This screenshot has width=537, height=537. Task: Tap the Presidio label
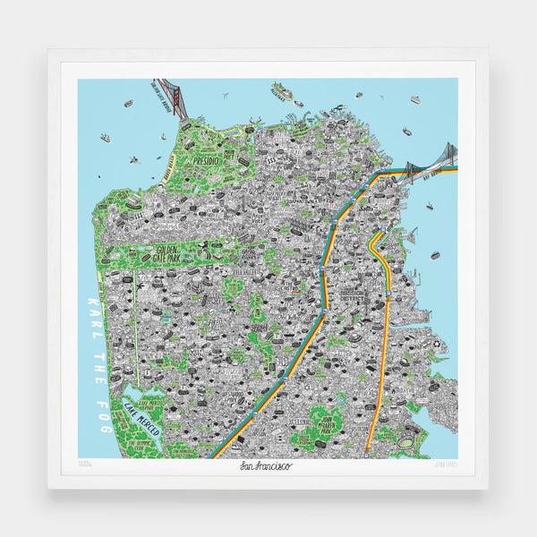click(x=207, y=163)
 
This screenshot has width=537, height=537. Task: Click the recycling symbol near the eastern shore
click(x=438, y=343)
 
